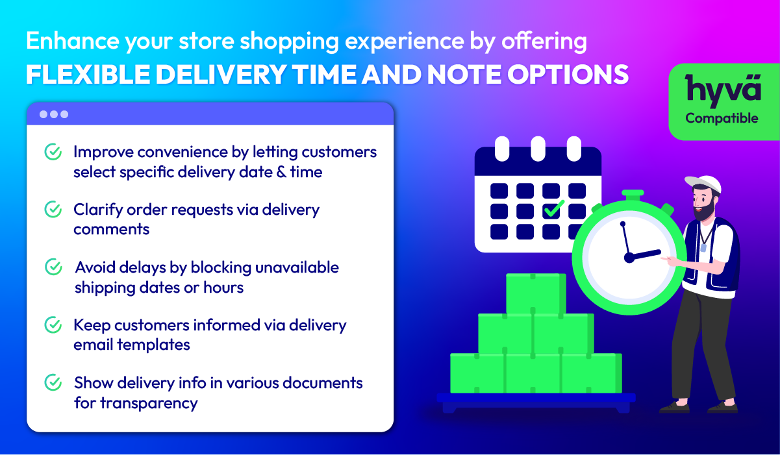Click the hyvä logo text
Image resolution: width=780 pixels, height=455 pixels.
[x=723, y=90]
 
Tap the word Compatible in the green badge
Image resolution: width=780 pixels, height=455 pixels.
[x=722, y=119]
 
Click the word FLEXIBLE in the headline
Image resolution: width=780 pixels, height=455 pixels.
[x=88, y=75]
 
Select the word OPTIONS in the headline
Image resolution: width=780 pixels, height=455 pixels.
[x=568, y=75]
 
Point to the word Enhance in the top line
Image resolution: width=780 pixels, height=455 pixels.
[x=73, y=41]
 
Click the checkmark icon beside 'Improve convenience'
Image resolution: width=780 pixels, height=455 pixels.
[x=53, y=152]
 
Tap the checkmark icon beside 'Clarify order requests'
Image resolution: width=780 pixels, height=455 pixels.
[x=53, y=209]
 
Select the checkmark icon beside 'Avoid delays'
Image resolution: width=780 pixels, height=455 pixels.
[x=53, y=267]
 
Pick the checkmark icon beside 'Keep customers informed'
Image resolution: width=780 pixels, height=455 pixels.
[x=53, y=325]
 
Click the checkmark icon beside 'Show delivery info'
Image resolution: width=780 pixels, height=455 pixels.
[x=53, y=382]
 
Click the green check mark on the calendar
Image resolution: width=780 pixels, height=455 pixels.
[x=553, y=208]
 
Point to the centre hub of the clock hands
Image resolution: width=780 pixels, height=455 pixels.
[x=629, y=258]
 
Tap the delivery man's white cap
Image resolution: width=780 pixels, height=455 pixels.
[x=703, y=183]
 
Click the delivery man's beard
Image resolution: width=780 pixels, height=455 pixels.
[x=705, y=210]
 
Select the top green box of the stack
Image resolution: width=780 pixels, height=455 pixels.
[x=536, y=293]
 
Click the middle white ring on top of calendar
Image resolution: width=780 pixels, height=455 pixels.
[x=538, y=149]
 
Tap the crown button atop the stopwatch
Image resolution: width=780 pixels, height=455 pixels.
[x=633, y=195]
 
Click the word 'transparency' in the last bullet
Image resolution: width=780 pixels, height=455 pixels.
[x=149, y=404]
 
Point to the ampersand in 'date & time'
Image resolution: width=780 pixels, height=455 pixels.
[x=281, y=172]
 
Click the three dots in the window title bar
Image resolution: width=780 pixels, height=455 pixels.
[x=54, y=114]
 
